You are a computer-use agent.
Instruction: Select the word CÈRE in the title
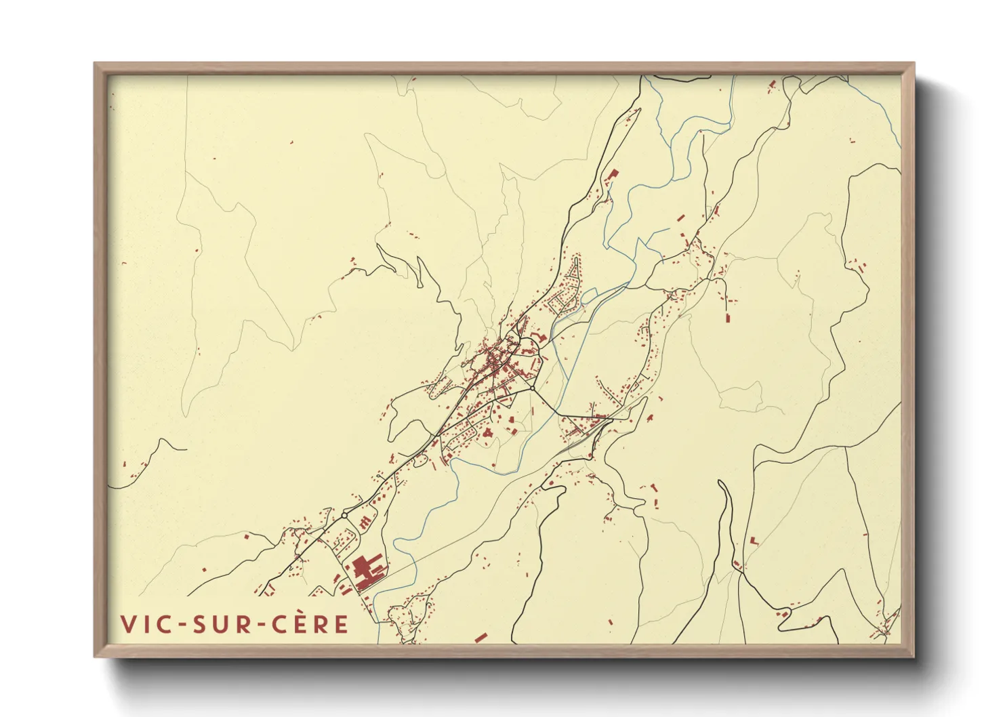(x=310, y=624)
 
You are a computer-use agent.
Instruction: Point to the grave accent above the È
(x=299, y=613)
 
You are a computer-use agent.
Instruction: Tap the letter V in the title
(x=127, y=624)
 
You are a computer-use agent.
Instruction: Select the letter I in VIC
(x=145, y=624)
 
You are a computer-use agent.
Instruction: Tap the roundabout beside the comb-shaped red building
(x=344, y=516)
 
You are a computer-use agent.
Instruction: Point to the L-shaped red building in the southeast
(x=754, y=540)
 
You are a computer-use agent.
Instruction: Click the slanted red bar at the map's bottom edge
(x=480, y=637)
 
